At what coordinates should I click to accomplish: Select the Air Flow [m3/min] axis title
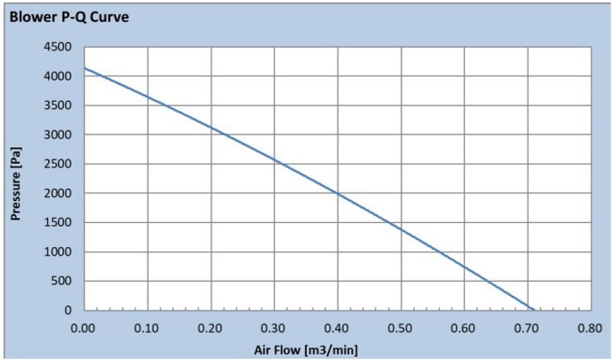(x=301, y=349)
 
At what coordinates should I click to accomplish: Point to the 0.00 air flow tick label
(x=83, y=328)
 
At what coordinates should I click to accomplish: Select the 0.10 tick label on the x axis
(x=147, y=328)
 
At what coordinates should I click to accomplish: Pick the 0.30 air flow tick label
(x=274, y=328)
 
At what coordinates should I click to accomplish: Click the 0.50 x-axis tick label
(x=400, y=328)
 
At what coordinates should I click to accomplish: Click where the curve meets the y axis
(x=84, y=68)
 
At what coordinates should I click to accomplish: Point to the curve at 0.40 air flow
(x=337, y=193)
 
